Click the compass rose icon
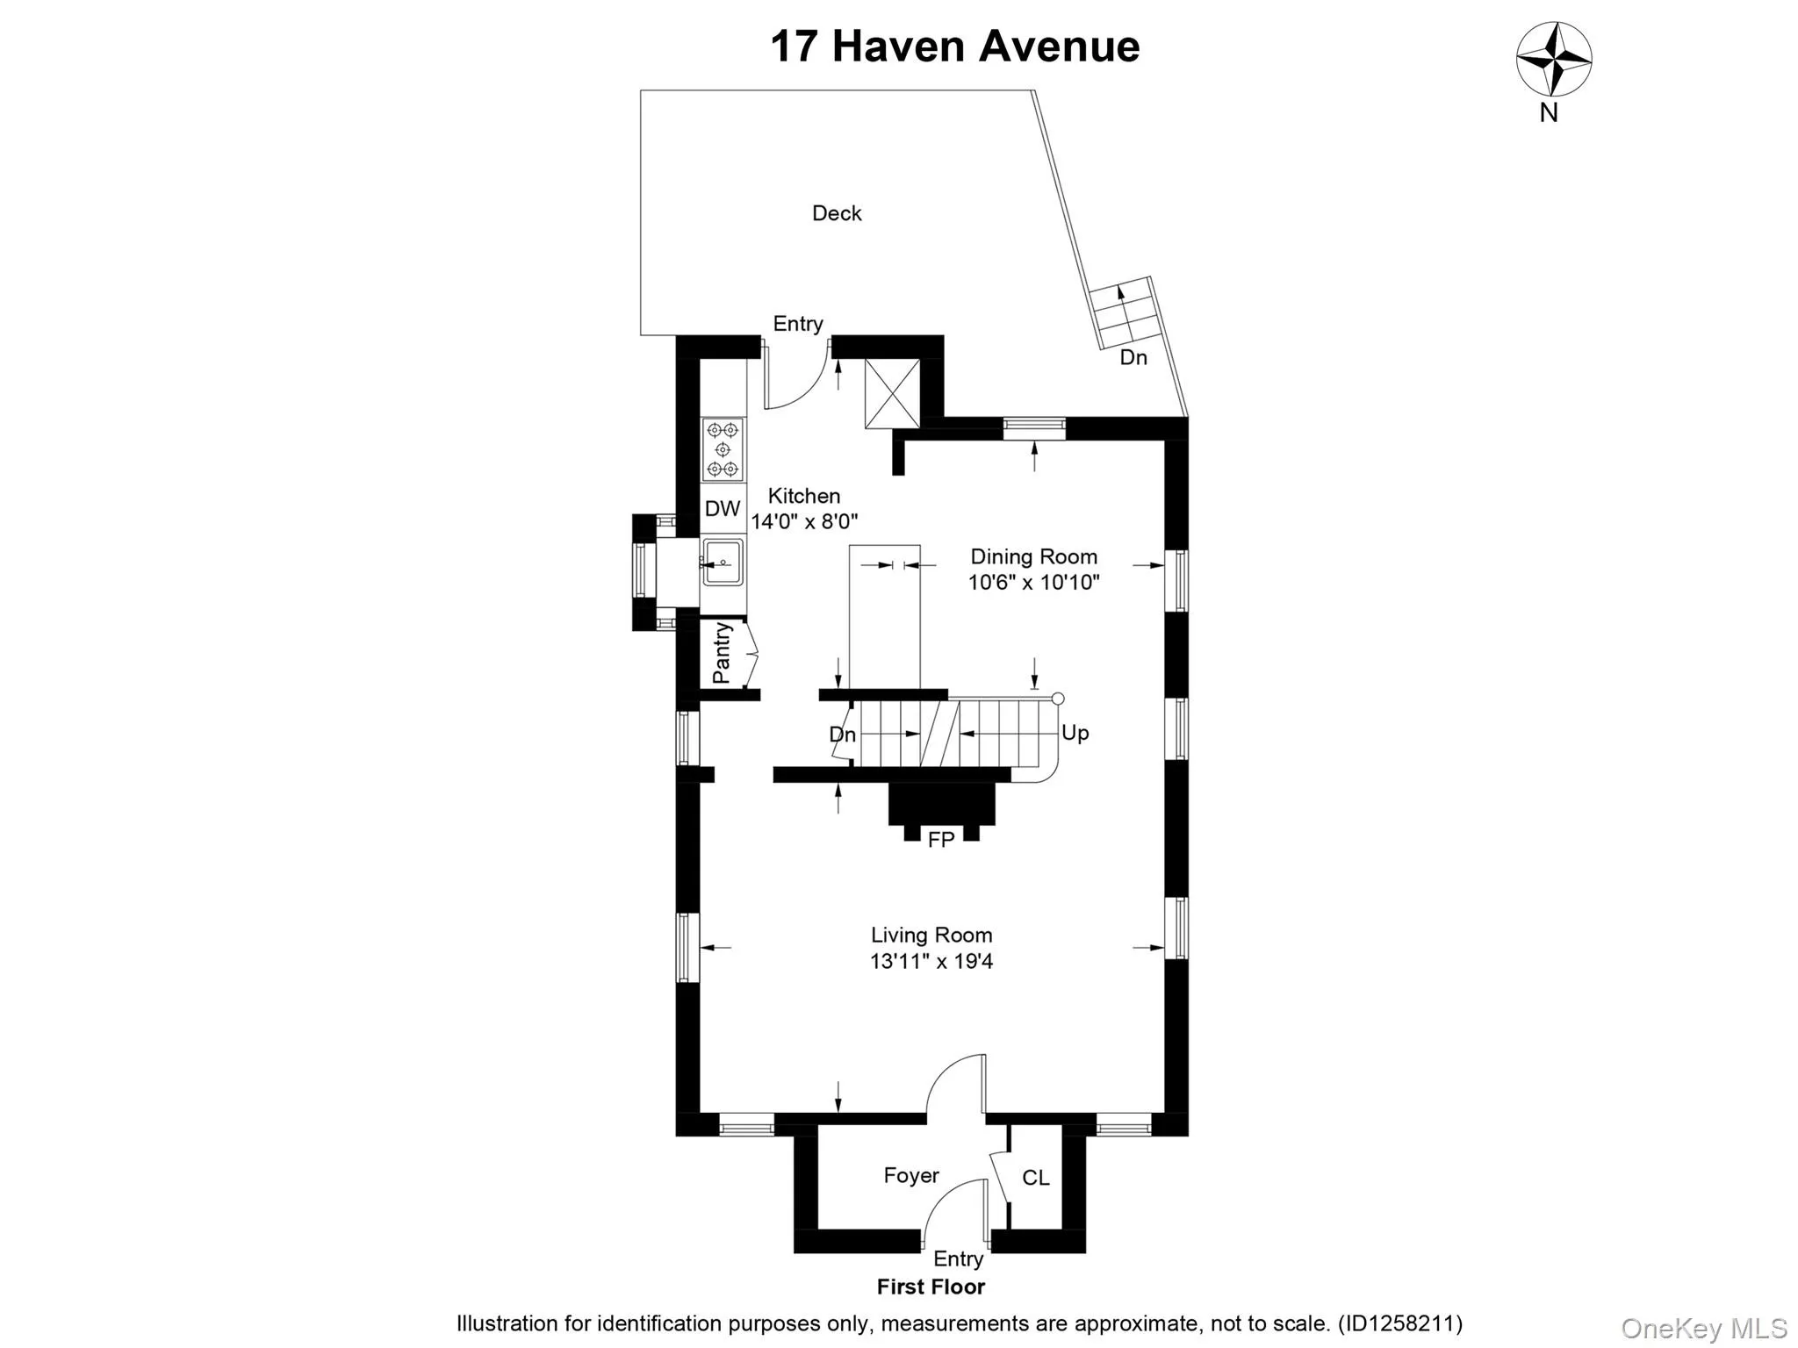[x=1554, y=60]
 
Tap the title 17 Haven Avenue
[x=954, y=47]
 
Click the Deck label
[x=837, y=213]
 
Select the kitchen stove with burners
[x=723, y=449]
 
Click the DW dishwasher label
[x=723, y=508]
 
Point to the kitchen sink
[x=723, y=563]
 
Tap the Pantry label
[x=722, y=653]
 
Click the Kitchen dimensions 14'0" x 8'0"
[x=804, y=521]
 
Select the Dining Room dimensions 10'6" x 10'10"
[x=1033, y=582]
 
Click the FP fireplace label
[x=940, y=840]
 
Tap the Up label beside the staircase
[x=1075, y=733]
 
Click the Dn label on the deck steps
[x=1133, y=357]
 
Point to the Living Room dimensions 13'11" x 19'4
[x=931, y=961]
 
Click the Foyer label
[x=911, y=1175]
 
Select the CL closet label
[x=1035, y=1178]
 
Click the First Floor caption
[x=931, y=1287]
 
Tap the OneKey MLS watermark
[x=1704, y=1329]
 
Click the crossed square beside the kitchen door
[x=892, y=394]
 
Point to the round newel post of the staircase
[x=1058, y=699]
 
